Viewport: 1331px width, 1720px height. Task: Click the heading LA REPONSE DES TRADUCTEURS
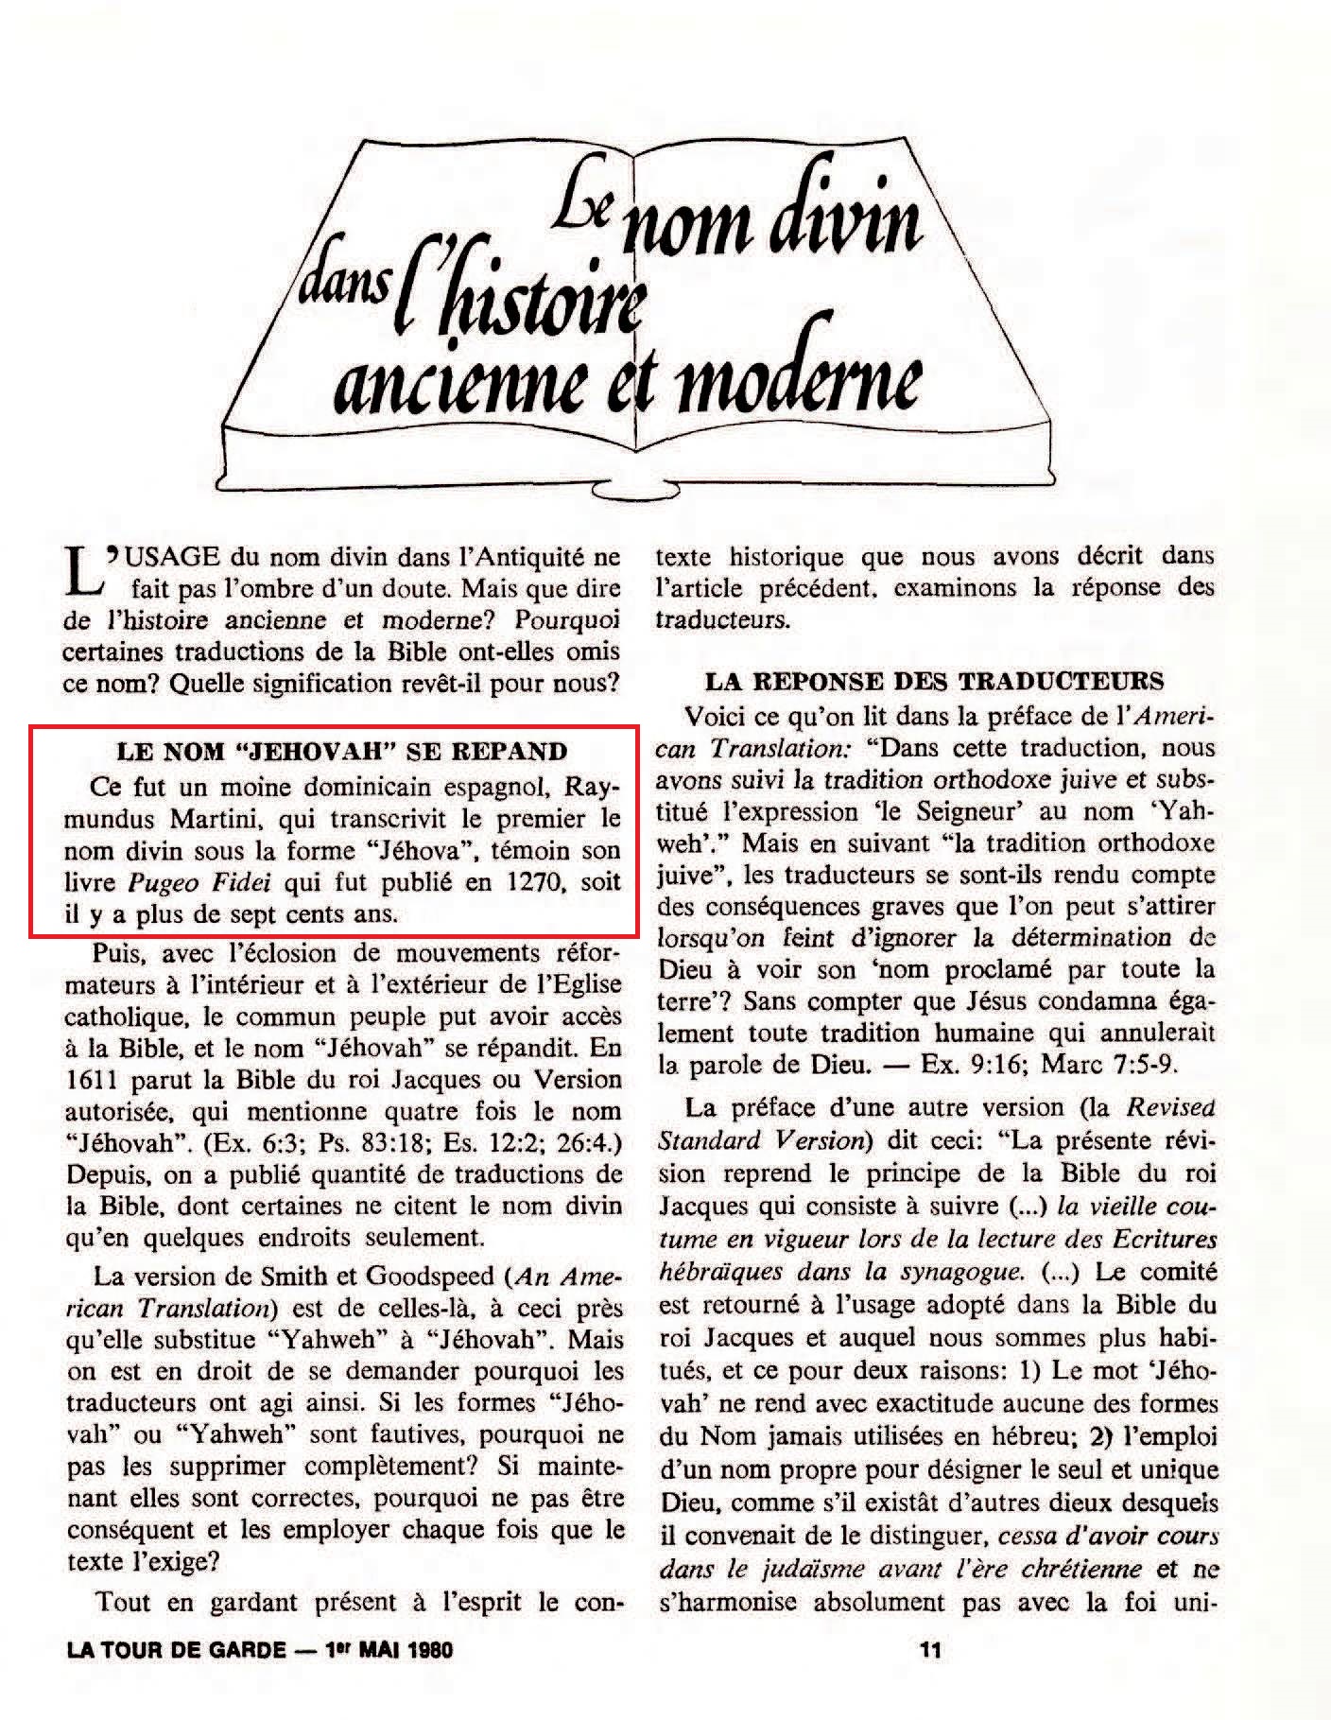(x=935, y=682)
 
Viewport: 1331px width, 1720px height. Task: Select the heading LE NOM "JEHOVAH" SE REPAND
(x=341, y=753)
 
